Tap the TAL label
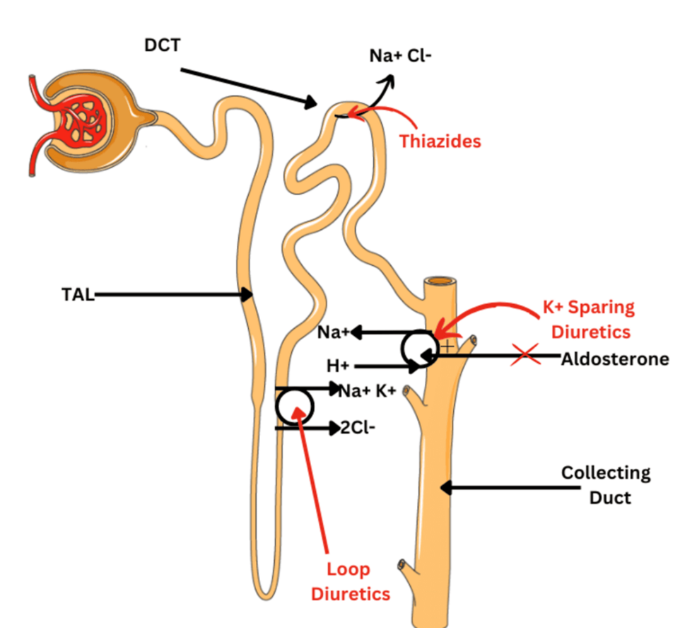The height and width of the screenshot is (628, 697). point(77,294)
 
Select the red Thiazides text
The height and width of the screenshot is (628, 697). point(440,141)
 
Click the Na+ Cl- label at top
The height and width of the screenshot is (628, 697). point(400,55)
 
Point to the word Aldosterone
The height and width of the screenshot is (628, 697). point(614,359)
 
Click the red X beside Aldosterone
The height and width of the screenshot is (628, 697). point(525,356)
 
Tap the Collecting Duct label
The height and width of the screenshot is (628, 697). point(606,484)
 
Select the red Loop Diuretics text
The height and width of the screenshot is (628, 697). point(348,581)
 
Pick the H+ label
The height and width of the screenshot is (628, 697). point(338,366)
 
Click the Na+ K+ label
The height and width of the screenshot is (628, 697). point(367,390)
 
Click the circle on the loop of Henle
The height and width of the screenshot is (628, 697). point(294,405)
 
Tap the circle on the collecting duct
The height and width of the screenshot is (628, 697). point(420,347)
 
